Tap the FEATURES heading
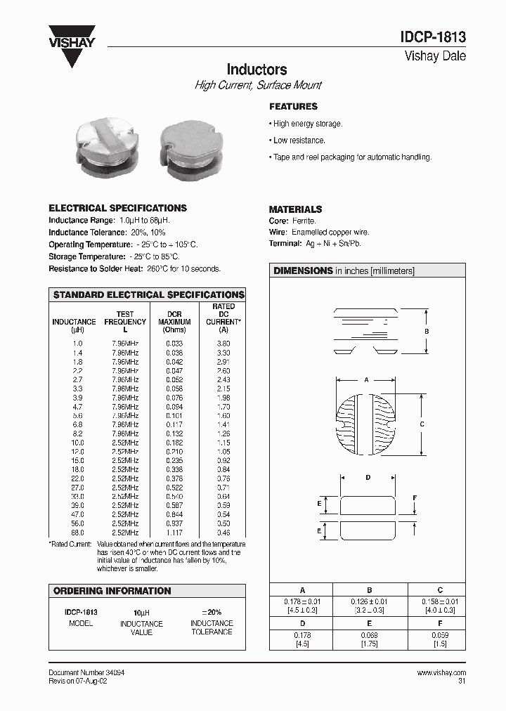(293, 107)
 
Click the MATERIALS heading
(295, 209)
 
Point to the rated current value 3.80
(223, 343)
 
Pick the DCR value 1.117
(174, 533)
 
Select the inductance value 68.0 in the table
(77, 533)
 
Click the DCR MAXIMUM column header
(174, 322)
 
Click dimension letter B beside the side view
(427, 331)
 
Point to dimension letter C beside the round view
(422, 424)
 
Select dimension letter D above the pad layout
(368, 478)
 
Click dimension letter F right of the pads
(415, 498)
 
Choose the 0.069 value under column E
(369, 635)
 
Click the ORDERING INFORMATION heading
(112, 591)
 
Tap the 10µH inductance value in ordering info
(142, 613)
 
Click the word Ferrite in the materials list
(305, 221)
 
